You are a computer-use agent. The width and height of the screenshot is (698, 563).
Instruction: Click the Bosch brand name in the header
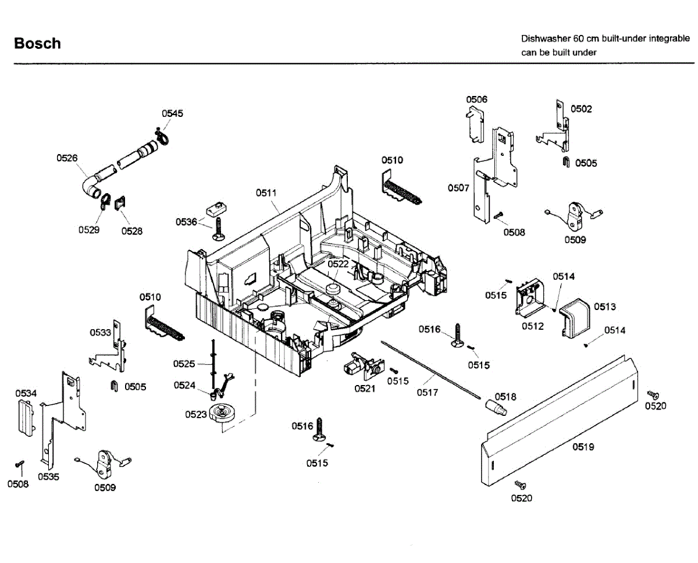pos(37,44)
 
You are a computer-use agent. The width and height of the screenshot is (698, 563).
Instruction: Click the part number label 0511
pos(266,193)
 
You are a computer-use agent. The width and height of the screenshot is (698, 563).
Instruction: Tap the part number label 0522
pos(338,263)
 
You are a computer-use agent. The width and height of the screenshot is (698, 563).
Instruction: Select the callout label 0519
pos(583,447)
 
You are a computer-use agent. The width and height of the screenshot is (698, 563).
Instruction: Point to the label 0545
pos(172,113)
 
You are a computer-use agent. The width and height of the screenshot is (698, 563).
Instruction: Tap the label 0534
pos(26,394)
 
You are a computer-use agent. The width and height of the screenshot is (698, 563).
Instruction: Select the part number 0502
pos(581,109)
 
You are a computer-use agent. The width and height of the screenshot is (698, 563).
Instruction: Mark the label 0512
pos(532,326)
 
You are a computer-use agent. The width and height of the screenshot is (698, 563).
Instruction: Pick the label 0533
pos(100,333)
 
